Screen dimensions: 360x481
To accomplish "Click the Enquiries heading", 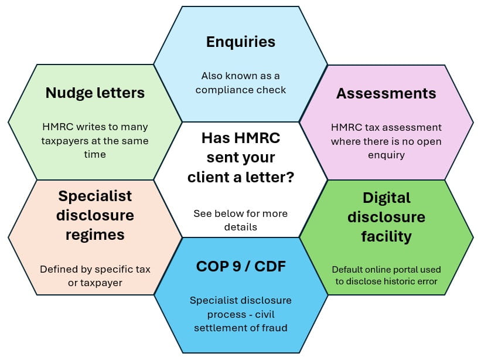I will [240, 42].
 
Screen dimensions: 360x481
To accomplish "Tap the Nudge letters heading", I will [95, 93].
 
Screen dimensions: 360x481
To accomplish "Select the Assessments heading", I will [386, 93].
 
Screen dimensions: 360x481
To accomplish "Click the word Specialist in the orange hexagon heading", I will [95, 195].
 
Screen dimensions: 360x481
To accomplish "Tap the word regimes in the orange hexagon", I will [95, 235].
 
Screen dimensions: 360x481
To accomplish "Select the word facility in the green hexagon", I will [386, 236].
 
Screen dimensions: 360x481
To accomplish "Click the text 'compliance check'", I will [241, 90].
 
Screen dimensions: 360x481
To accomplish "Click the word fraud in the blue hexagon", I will [274, 328].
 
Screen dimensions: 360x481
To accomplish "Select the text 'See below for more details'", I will [240, 219].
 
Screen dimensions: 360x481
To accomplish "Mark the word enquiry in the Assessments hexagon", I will [387, 155].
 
